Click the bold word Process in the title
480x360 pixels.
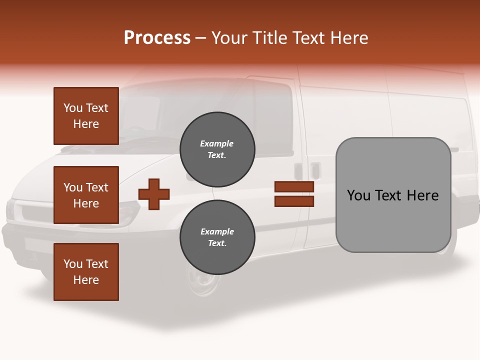[157, 38]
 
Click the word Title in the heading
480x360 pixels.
[268, 38]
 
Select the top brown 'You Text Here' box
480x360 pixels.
[86, 116]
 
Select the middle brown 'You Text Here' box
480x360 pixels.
[86, 195]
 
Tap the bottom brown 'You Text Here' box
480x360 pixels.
[86, 272]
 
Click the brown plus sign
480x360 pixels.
[154, 194]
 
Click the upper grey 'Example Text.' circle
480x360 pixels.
[217, 149]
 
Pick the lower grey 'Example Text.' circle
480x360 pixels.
[217, 237]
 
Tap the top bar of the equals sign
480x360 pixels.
[294, 187]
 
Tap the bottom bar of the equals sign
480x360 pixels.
[294, 201]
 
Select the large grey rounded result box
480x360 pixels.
[393, 195]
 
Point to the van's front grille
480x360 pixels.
[35, 212]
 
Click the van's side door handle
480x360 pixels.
[315, 170]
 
